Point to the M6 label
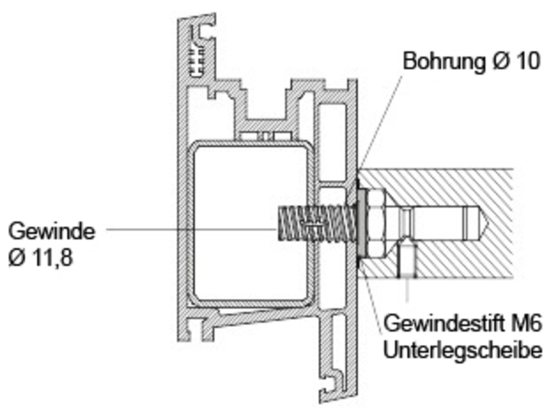pos(525,323)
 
